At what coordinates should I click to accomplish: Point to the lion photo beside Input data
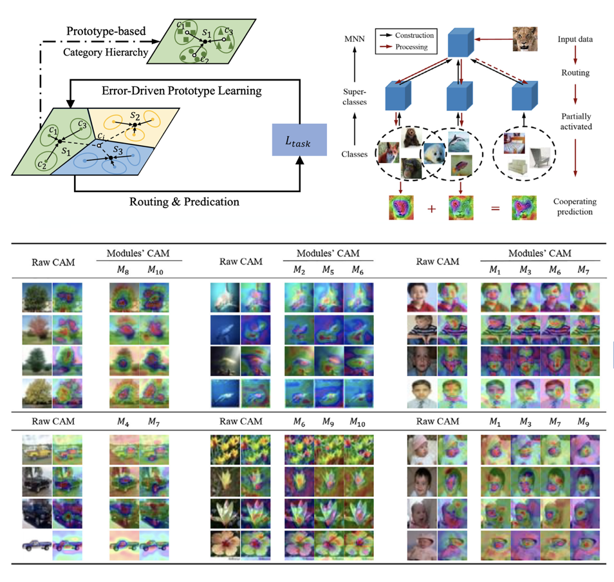(x=525, y=39)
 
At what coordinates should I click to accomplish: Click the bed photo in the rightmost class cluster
(x=514, y=143)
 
